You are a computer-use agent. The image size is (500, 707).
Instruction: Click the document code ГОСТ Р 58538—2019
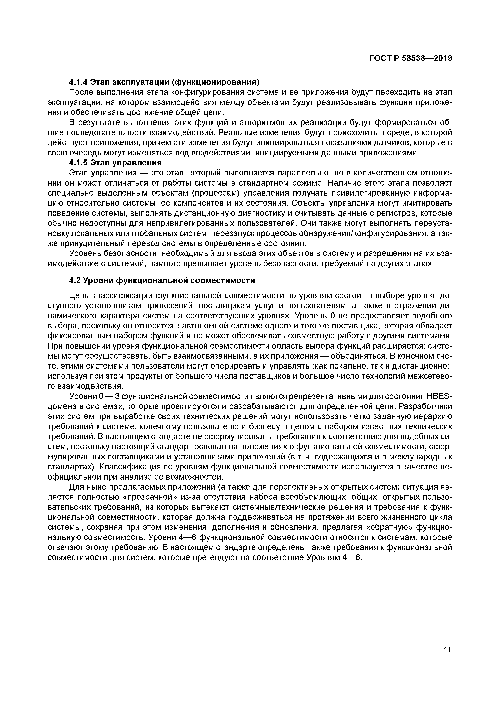411,58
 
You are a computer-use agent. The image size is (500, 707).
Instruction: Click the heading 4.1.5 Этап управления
115,163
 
